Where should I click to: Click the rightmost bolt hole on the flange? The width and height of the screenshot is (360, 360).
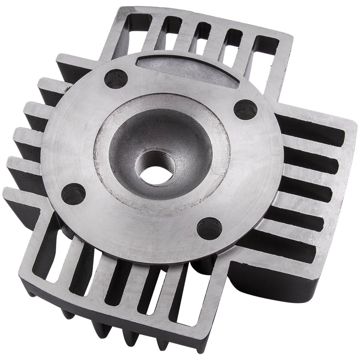coord(245,110)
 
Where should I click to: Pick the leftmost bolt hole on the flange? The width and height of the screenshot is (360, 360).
coord(73,194)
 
